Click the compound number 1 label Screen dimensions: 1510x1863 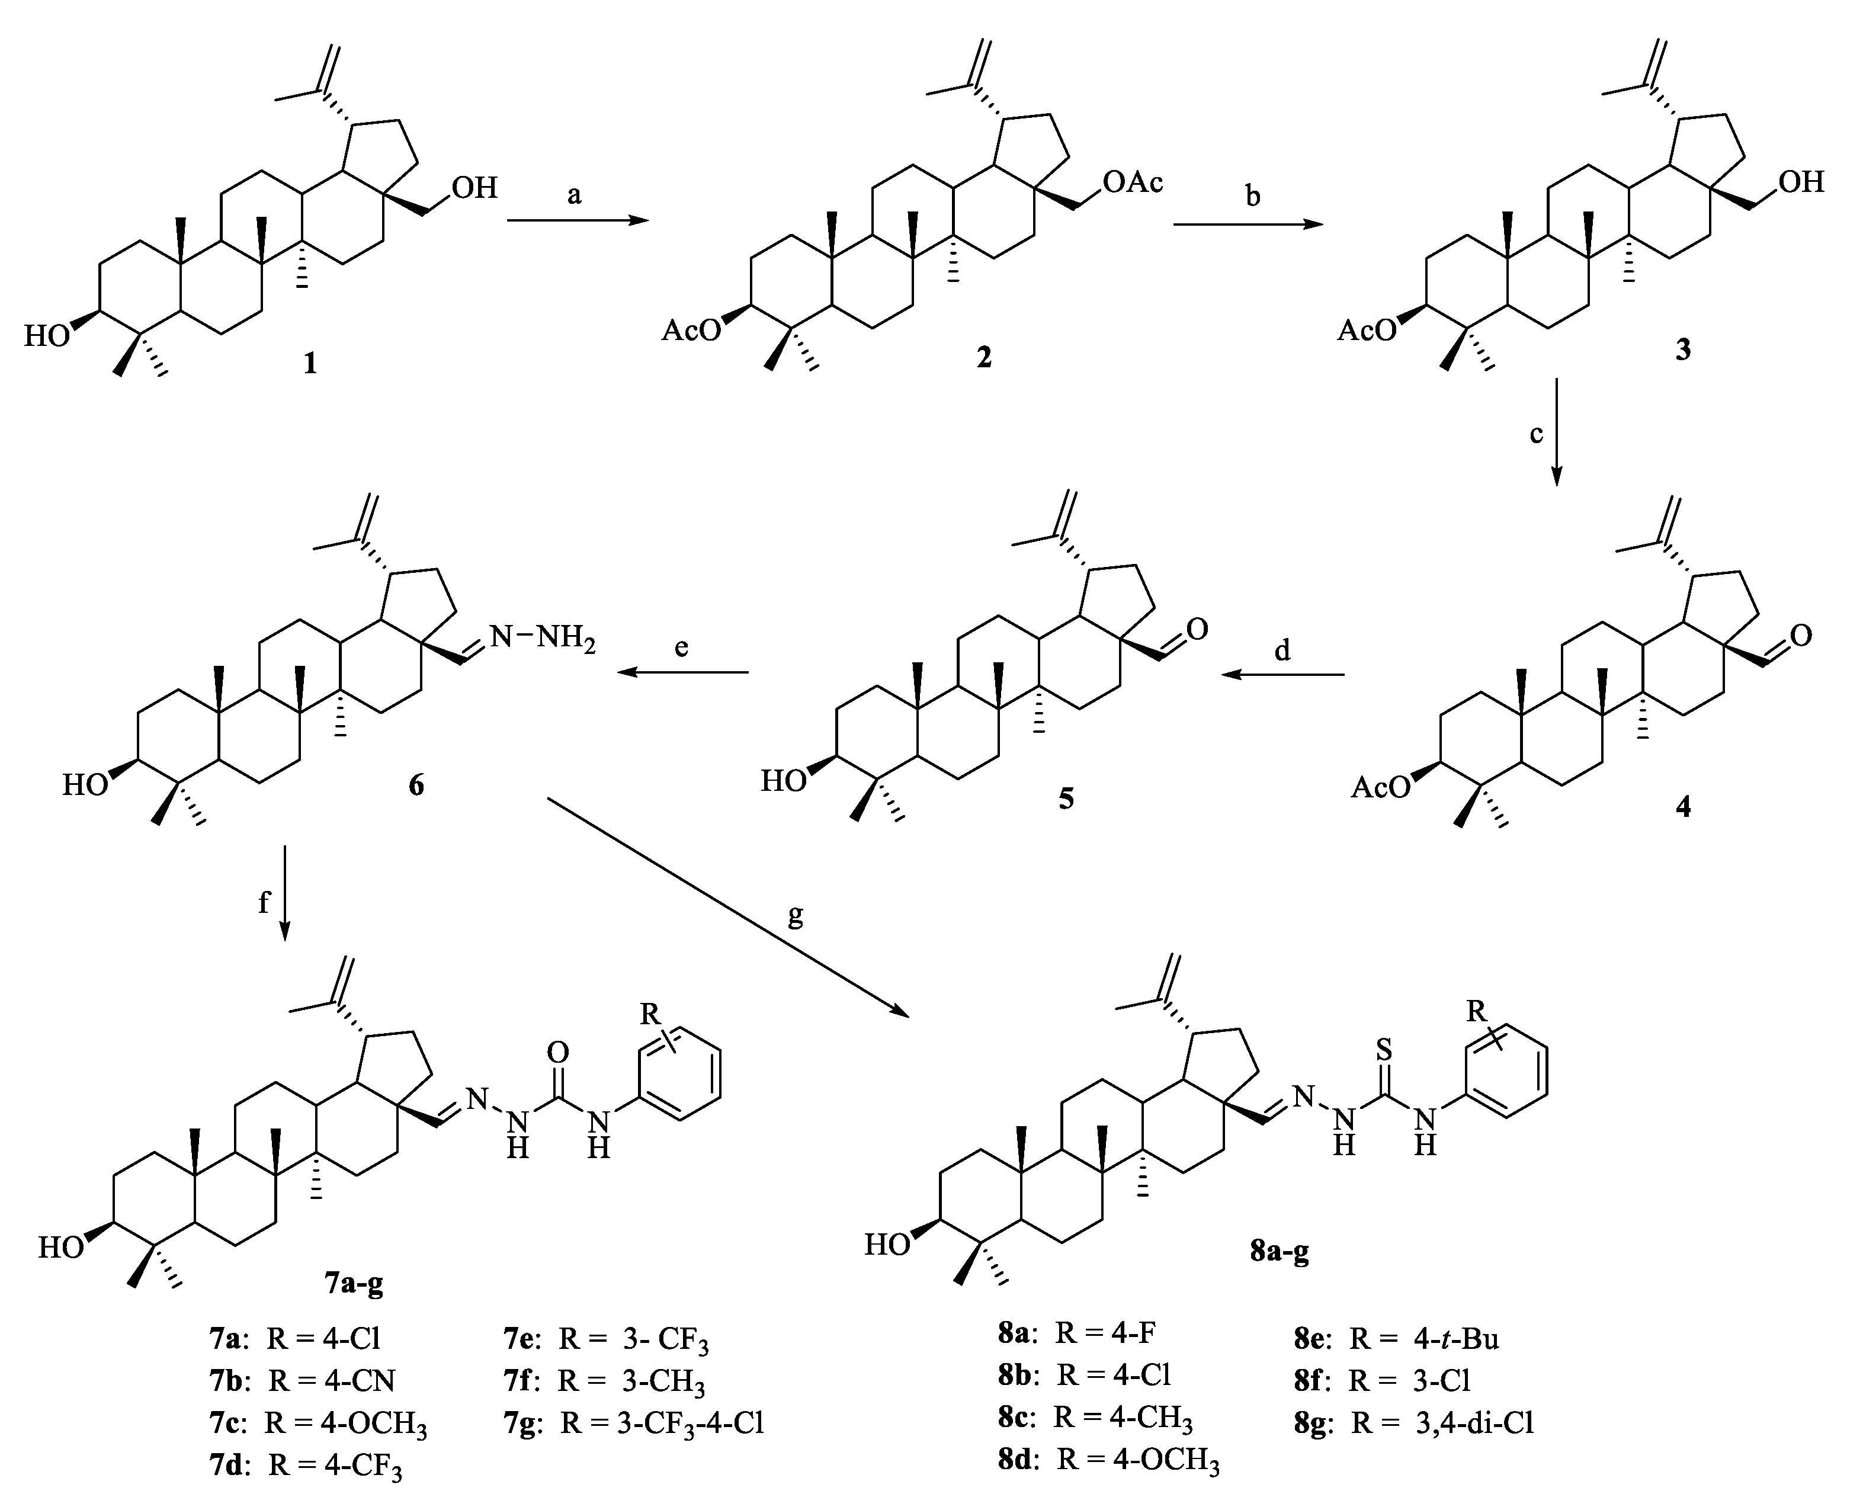pyautogui.click(x=310, y=362)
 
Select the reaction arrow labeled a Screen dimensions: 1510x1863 pyautogui.click(x=578, y=221)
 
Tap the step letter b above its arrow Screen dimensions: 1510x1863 pyautogui.click(x=1252, y=197)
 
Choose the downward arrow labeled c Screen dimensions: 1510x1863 pyautogui.click(x=1556, y=431)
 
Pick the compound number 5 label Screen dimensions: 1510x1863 pyautogui.click(x=1066, y=799)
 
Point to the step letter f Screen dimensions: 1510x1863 pyautogui.click(x=264, y=902)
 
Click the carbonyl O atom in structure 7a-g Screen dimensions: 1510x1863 pyautogui.click(x=557, y=1054)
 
